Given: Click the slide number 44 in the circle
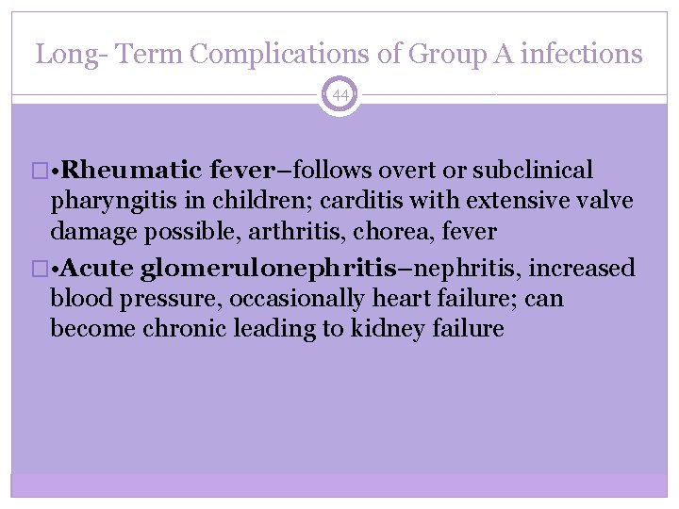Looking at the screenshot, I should point(339,95).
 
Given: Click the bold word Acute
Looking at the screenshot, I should point(98,269).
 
